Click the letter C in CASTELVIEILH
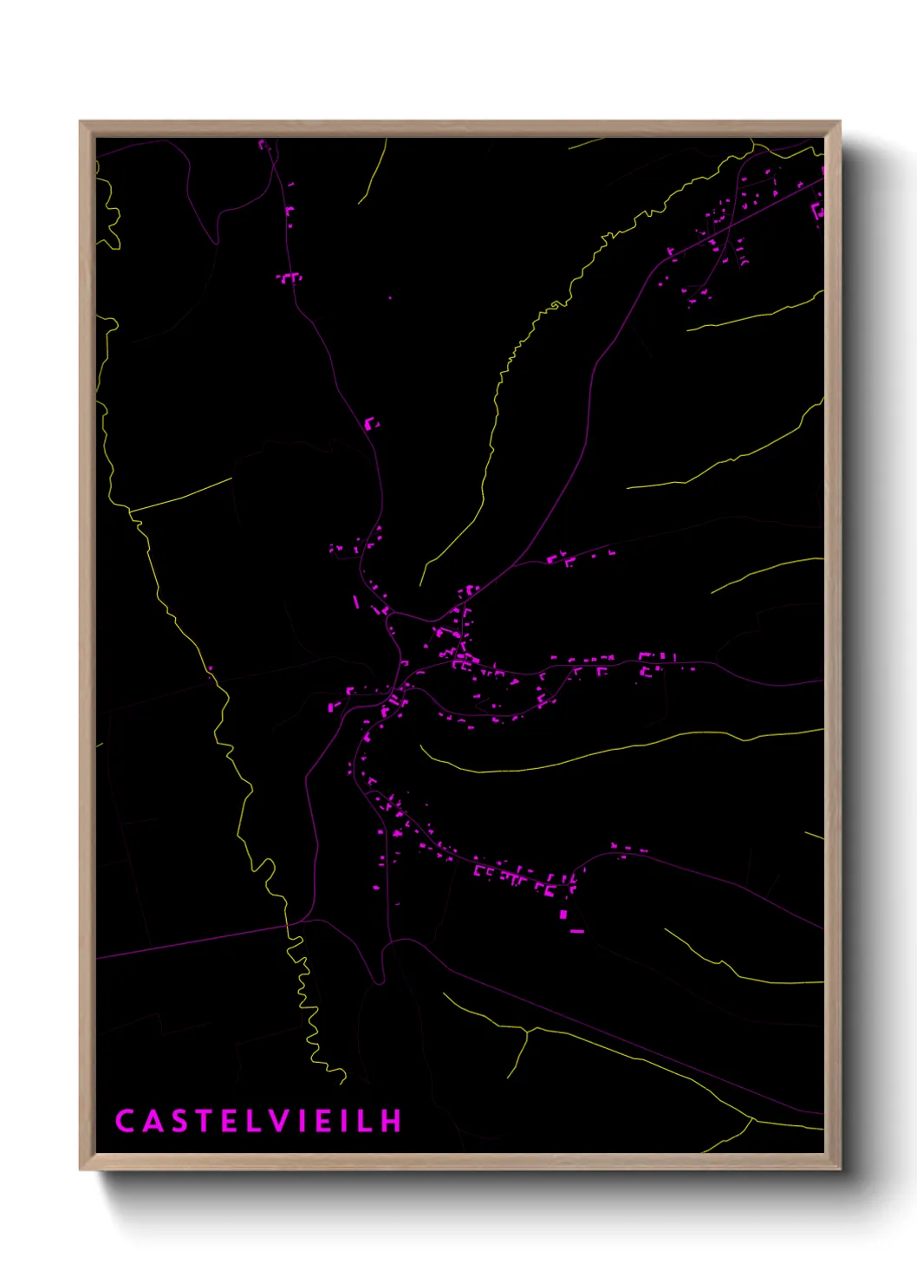tap(124, 1121)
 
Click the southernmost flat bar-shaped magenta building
tap(576, 932)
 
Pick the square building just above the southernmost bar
tap(563, 914)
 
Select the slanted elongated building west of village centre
tap(355, 602)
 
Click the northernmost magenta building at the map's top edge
tap(262, 144)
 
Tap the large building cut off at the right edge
tap(817, 210)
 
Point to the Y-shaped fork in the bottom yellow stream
tap(526, 1031)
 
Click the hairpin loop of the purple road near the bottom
tap(380, 980)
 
